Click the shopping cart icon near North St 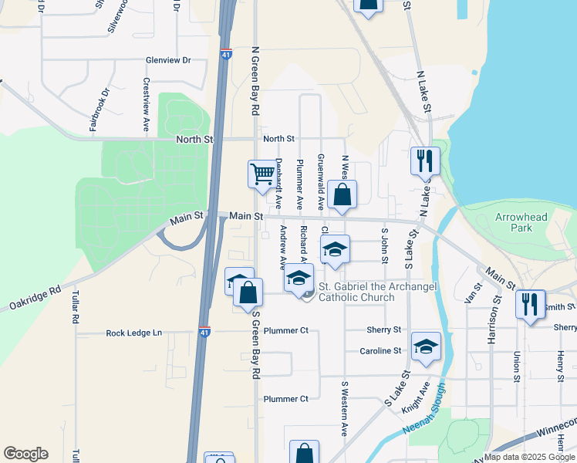point(262,174)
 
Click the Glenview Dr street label point(167,60)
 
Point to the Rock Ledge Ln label point(134,333)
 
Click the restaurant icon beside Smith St point(530,302)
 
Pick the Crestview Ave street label point(146,104)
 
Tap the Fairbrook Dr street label point(100,109)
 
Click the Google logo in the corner point(25,453)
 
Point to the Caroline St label point(380,350)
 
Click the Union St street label point(517,367)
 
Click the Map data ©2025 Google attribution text point(529,457)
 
